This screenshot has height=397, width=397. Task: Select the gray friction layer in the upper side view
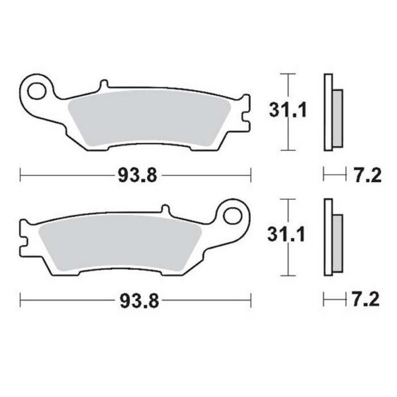pyautogui.click(x=337, y=117)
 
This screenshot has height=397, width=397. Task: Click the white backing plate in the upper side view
pyautogui.click(x=327, y=112)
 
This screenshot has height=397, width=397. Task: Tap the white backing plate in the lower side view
pyautogui.click(x=327, y=238)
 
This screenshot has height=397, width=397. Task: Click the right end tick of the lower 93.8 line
pyautogui.click(x=252, y=300)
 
